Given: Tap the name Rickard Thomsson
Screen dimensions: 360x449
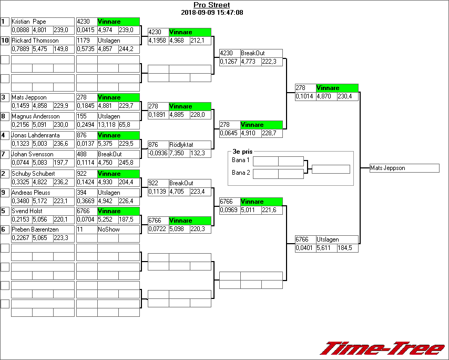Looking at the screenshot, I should click(x=35, y=41).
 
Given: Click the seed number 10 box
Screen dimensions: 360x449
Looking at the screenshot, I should click(x=5, y=41).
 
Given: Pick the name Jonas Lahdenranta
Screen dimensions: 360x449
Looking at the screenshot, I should click(x=37, y=135).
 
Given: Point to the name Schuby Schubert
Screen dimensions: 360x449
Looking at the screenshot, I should click(x=33, y=173).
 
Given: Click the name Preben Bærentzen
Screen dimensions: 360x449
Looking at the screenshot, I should click(x=36, y=229).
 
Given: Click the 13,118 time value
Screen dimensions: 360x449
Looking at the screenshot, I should click(x=107, y=125).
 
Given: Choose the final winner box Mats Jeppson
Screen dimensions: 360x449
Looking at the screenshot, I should click(x=404, y=168).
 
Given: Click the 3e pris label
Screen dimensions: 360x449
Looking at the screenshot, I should click(x=240, y=151).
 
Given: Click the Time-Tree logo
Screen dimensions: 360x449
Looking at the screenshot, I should click(x=382, y=348).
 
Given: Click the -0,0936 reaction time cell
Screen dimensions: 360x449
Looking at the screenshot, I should click(x=158, y=153).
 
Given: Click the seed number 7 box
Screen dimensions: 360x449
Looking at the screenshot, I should click(x=5, y=154).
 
